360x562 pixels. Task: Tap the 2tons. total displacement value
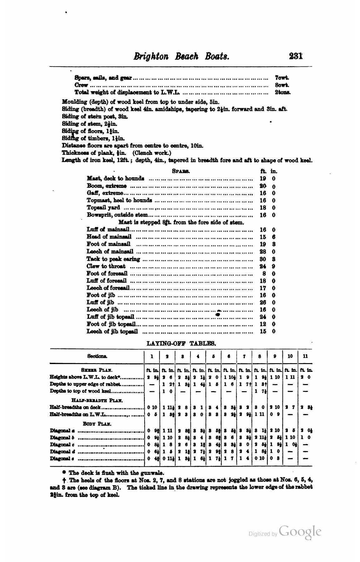point(282,92)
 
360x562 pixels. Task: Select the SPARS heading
point(181,171)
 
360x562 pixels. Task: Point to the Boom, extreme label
point(107,186)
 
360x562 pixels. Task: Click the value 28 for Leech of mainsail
point(263,252)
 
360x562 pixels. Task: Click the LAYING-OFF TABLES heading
point(181,343)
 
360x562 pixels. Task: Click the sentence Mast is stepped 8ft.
point(181,222)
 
